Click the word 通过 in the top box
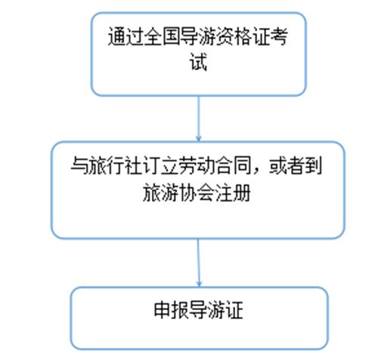click(x=125, y=37)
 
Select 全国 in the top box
click(x=162, y=37)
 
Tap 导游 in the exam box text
click(x=198, y=37)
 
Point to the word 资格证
click(x=243, y=37)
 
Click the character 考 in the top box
click(x=279, y=37)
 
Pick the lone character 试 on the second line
click(x=198, y=61)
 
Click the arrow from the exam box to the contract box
click(x=199, y=119)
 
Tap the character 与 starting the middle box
click(x=79, y=166)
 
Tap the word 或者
click(x=287, y=166)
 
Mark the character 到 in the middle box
click(x=314, y=166)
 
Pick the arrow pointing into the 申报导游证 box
click(x=199, y=262)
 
